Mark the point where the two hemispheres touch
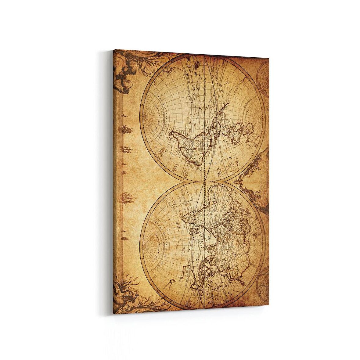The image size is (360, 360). [x=203, y=182]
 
